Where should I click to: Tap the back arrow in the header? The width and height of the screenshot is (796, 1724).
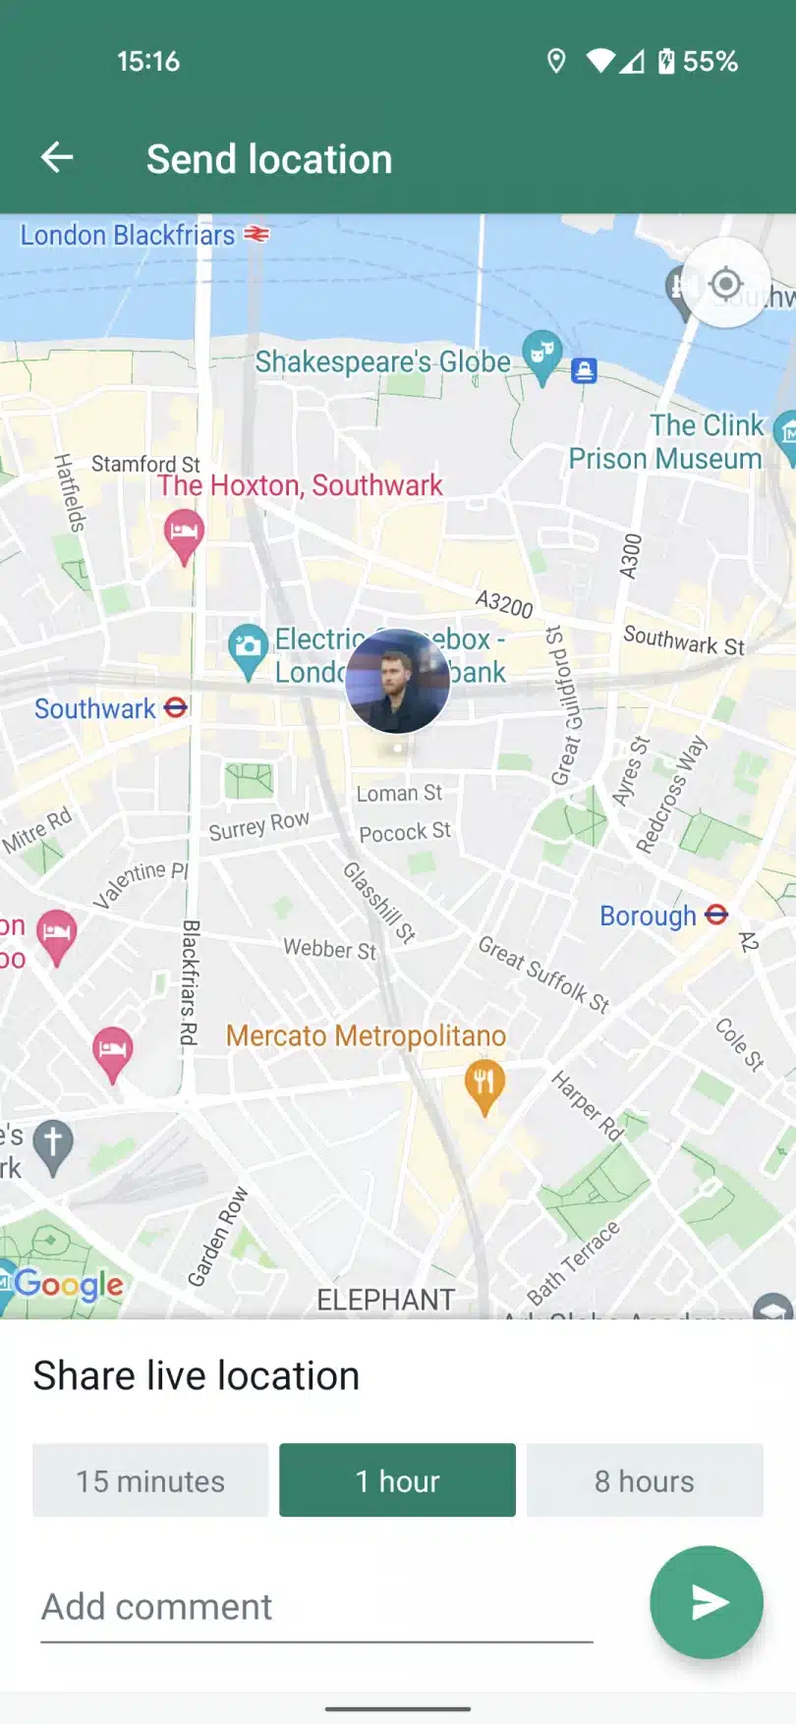pos(57,157)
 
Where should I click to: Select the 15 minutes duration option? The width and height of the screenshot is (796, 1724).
pos(150,1480)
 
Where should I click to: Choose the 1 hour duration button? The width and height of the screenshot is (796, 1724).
pos(397,1480)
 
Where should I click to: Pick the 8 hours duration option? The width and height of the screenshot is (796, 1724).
pos(645,1480)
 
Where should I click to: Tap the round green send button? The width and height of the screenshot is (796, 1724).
pos(706,1602)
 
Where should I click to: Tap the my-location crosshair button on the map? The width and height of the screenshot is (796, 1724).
pos(725,284)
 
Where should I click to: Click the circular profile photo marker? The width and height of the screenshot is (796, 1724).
pos(398,681)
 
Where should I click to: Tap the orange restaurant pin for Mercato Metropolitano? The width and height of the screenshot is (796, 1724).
pos(483,1084)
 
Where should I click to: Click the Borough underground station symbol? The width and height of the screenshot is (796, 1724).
pos(717,915)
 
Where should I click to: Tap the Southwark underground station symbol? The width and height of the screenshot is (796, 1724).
pos(176,707)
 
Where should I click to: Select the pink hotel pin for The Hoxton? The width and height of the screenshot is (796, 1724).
pos(184,533)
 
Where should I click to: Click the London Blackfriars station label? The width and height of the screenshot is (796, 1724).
pos(128,236)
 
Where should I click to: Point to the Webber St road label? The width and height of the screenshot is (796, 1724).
pos(330,949)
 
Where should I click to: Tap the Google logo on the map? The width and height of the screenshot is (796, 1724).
pos(69,1284)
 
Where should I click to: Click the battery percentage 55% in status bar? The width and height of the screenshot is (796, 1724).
pos(710,62)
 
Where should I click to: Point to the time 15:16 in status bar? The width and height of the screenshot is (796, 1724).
pos(148,62)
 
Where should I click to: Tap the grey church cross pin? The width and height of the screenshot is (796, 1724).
pos(53,1144)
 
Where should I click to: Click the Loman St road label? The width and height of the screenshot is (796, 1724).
pos(399,793)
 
